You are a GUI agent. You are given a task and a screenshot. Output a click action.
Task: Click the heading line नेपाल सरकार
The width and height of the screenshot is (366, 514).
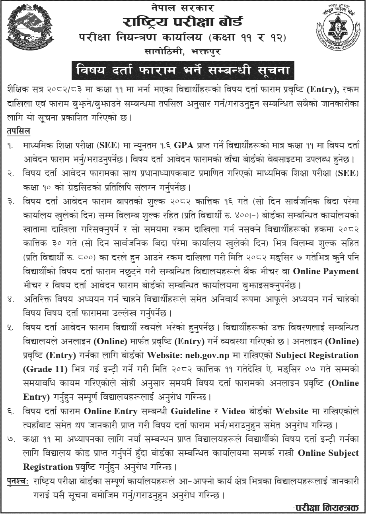click(183, 7)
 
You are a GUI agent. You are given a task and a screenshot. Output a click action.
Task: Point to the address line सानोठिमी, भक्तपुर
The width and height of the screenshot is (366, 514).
click(183, 51)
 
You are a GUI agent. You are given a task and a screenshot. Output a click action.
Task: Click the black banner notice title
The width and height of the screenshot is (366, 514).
click(183, 71)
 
